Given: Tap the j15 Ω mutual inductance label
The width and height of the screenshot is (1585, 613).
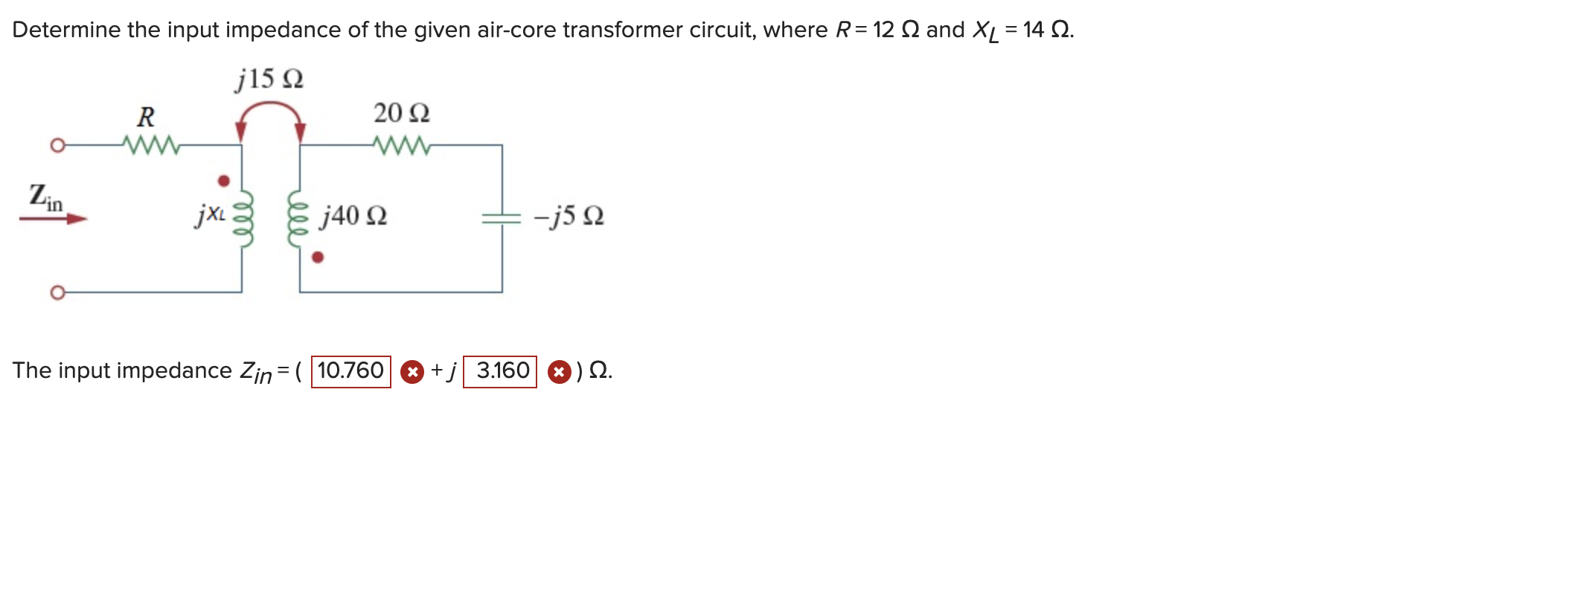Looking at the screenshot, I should click(269, 79).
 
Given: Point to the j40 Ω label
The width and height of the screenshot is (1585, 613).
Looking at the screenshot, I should click(353, 216).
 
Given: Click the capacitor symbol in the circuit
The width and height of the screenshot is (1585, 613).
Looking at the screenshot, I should click(502, 217).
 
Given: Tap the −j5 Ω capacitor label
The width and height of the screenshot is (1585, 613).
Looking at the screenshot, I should click(569, 216).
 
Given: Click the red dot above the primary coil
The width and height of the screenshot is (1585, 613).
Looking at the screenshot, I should click(223, 181).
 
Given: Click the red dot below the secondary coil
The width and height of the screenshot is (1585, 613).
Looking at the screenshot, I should click(318, 257).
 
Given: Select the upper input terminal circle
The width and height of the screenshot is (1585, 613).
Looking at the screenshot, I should click(57, 145).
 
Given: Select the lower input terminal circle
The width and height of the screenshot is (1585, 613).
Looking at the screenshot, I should click(57, 292).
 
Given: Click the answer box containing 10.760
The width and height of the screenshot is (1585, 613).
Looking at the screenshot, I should click(350, 371).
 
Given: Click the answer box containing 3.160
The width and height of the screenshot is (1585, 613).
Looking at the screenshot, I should click(500, 371).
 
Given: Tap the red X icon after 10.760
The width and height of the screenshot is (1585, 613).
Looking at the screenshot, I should click(412, 371).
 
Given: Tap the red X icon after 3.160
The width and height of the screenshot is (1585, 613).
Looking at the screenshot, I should click(559, 371).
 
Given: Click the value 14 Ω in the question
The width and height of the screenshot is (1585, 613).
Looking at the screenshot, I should click(1047, 30).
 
